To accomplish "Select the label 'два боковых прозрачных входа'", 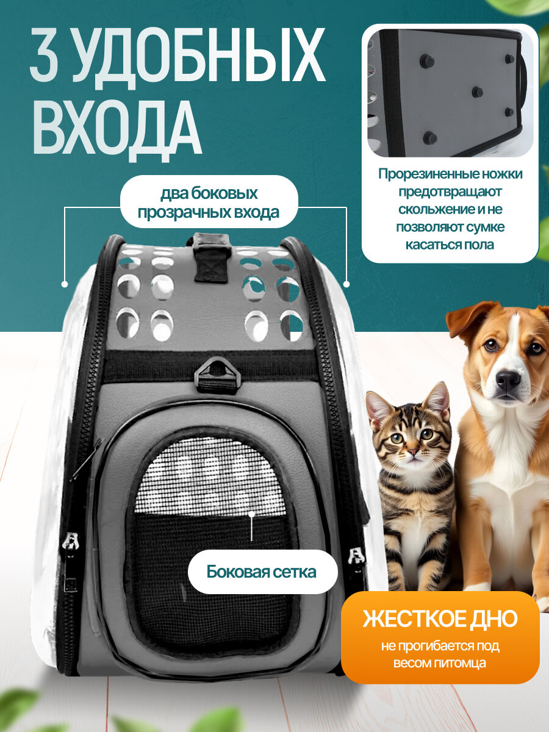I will [x=209, y=203].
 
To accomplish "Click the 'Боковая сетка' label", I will [x=261, y=572].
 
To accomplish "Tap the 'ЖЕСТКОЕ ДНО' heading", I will [x=440, y=618].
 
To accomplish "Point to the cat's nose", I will [x=413, y=453].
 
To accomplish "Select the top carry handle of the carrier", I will [x=211, y=256].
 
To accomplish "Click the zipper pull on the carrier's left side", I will [x=72, y=541].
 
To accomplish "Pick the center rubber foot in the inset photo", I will [x=477, y=92].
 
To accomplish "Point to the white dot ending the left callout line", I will [x=64, y=284].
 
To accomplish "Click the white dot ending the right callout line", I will [x=346, y=284].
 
